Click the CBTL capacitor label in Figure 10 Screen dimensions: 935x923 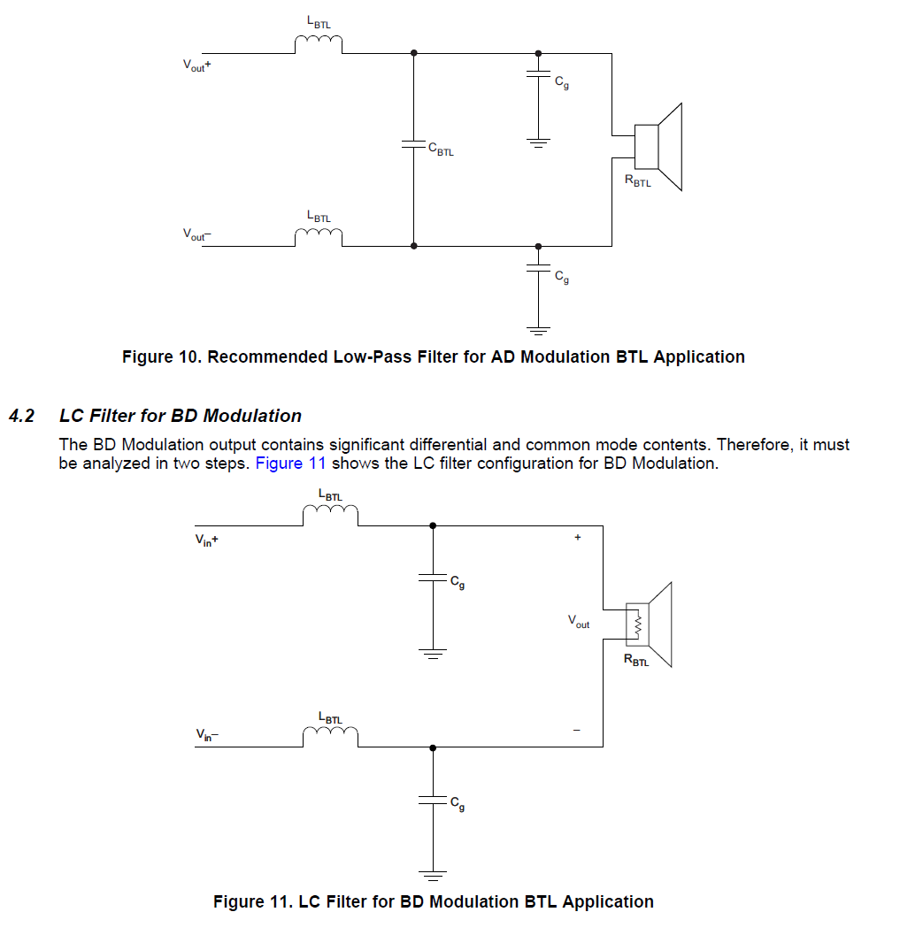pyautogui.click(x=441, y=150)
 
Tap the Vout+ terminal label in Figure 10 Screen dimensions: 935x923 pyautogui.click(x=196, y=65)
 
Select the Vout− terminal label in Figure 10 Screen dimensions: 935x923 pyautogui.click(x=196, y=234)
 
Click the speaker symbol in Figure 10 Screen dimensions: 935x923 pyautogui.click(x=658, y=147)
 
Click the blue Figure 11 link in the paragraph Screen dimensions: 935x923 pyautogui.click(x=290, y=463)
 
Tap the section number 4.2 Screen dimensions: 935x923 pyautogui.click(x=21, y=416)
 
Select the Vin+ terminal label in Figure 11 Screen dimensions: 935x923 pyautogui.click(x=206, y=539)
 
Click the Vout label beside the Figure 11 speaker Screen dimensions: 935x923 pyautogui.click(x=579, y=623)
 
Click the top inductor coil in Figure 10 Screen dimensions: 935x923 pyautogui.click(x=318, y=44)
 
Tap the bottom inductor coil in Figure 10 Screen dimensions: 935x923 pyautogui.click(x=318, y=235)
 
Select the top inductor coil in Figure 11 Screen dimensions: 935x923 pyautogui.click(x=330, y=516)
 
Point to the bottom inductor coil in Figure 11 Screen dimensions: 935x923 pyautogui.click(x=330, y=736)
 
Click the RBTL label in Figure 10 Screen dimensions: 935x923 pyautogui.click(x=637, y=182)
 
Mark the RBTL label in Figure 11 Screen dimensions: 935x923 pyautogui.click(x=636, y=660)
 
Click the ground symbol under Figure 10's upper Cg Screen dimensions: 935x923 pyautogui.click(x=538, y=142)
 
